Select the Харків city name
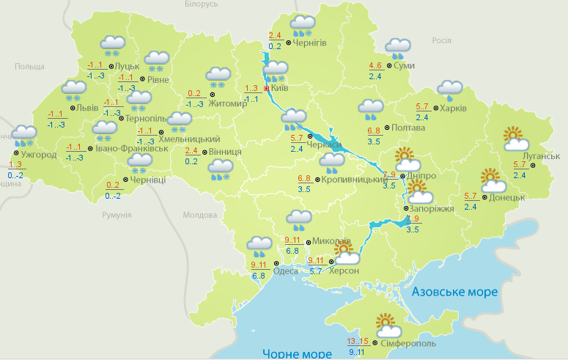tap(455, 109)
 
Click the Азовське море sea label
tap(454, 292)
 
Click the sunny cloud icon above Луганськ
tap(516, 137)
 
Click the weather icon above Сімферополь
tap(387, 323)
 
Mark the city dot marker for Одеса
tap(276, 263)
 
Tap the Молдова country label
tap(199, 215)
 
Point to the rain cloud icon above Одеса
tap(259, 244)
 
